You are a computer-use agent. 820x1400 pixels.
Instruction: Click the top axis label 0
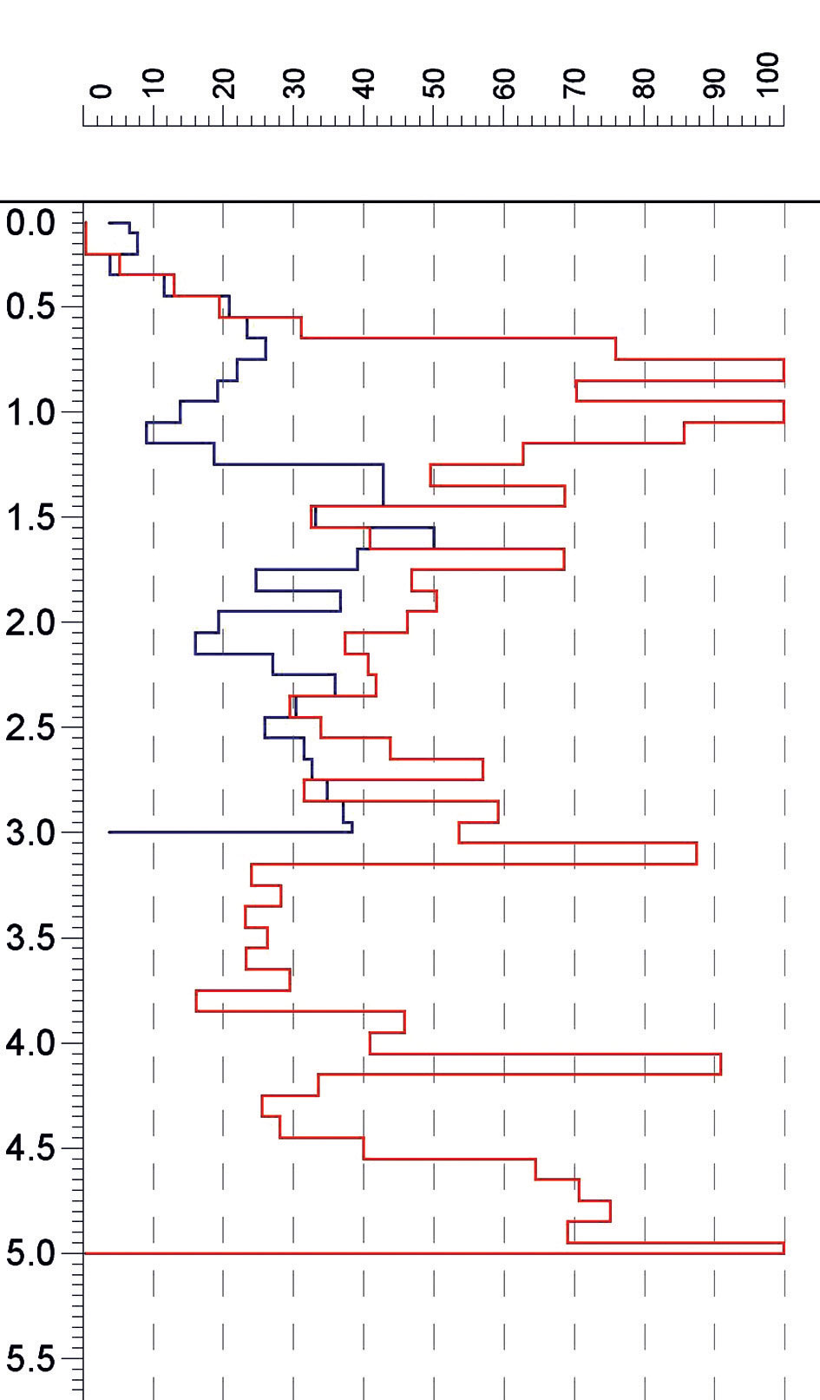tap(101, 91)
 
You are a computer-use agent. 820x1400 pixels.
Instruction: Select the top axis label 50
tap(435, 84)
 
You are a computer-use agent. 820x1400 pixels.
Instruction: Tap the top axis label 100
tap(768, 75)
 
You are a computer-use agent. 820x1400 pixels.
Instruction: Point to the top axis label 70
tap(574, 84)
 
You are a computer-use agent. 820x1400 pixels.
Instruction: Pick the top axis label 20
tap(224, 84)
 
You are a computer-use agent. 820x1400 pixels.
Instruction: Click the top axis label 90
tap(714, 84)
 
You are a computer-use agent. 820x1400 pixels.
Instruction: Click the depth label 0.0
tap(31, 223)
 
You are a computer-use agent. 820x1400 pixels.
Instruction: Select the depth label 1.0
tap(31, 413)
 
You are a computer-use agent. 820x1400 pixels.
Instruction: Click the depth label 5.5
tap(31, 1359)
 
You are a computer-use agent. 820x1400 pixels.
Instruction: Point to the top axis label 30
tap(294, 84)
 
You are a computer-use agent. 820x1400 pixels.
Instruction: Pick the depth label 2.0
tap(31, 623)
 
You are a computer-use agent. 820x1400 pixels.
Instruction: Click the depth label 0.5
tap(31, 308)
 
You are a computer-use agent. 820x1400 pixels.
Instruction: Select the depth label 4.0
tap(31, 1043)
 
